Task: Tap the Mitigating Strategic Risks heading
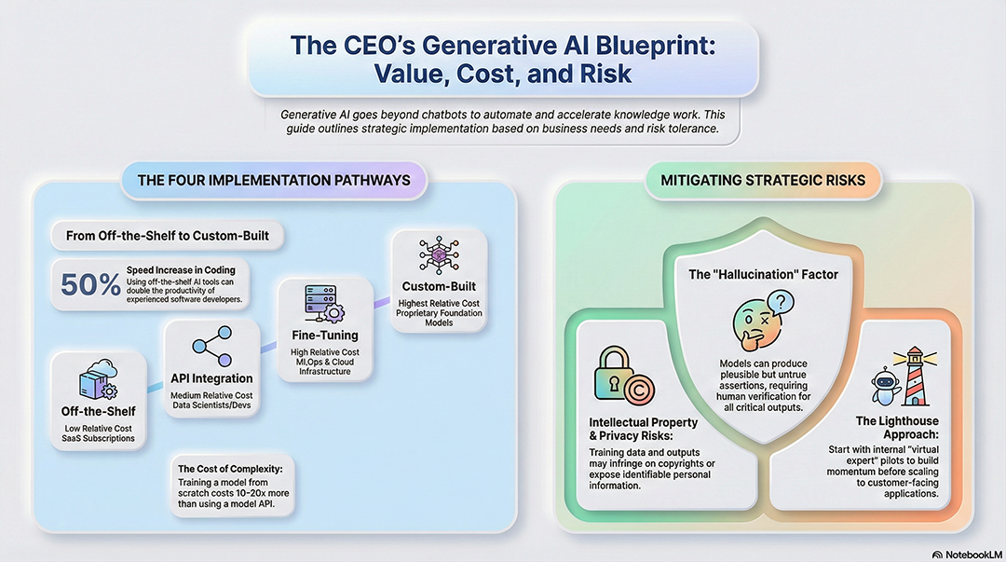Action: tap(763, 180)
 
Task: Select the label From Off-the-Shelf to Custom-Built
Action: tap(168, 236)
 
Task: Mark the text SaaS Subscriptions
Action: tap(99, 439)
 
